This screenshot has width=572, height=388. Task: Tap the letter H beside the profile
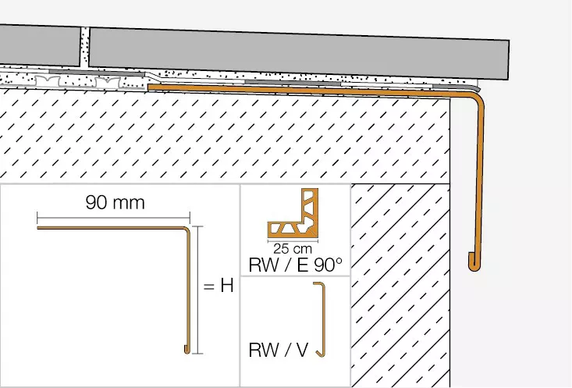[x=226, y=286]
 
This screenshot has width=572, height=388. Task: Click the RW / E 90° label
[x=296, y=265]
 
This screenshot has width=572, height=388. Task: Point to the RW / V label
[x=279, y=350]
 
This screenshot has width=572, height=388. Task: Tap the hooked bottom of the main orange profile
[x=474, y=262]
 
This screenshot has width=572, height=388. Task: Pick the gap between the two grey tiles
[x=85, y=47]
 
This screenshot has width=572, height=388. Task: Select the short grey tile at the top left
[x=39, y=44]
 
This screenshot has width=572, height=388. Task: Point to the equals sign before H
[x=208, y=287]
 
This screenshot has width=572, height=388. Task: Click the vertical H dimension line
[x=198, y=290]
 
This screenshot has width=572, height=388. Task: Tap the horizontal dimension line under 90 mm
[x=114, y=216]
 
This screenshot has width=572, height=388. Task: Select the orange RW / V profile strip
[x=322, y=320]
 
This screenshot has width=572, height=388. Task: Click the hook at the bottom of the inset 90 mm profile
[x=186, y=349]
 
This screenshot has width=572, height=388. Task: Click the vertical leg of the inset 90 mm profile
[x=189, y=289]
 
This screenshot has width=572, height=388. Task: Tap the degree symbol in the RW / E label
[x=339, y=260]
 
